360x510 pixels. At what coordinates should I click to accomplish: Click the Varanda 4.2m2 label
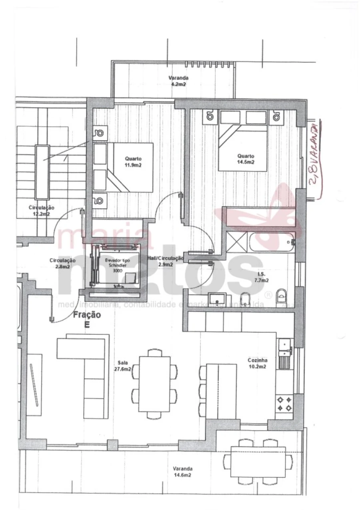[x=178, y=81]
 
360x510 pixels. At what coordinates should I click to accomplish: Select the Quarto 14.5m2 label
[x=246, y=159]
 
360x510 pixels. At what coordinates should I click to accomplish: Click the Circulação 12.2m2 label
[x=41, y=211]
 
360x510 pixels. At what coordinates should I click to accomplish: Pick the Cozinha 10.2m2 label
[x=257, y=363]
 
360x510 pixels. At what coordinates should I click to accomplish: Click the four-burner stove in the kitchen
[x=284, y=404]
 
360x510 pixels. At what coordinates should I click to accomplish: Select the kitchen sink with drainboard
[x=286, y=353]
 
